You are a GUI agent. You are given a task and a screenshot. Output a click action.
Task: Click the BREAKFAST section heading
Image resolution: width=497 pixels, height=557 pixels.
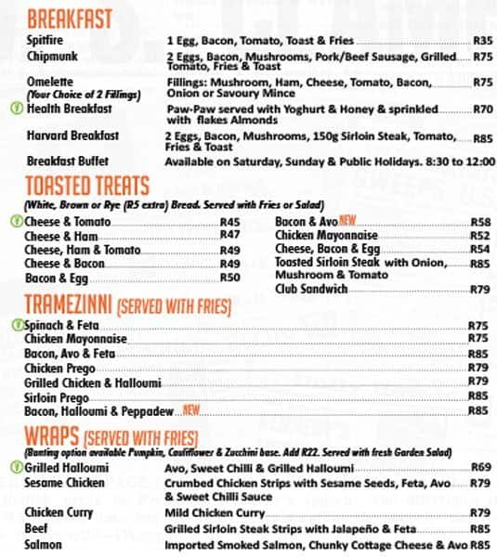click(70, 19)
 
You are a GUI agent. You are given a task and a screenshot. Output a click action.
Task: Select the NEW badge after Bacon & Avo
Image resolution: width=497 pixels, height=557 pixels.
click(348, 221)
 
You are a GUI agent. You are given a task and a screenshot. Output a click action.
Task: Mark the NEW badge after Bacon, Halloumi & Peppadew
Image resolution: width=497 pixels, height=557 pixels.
click(192, 409)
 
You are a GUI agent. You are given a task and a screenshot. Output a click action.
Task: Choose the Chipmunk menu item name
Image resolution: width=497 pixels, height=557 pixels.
click(50, 56)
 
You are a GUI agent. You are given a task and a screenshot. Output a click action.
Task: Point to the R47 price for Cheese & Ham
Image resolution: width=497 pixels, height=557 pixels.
click(229, 236)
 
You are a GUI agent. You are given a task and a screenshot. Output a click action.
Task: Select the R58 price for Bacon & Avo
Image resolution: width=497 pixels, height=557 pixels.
click(479, 222)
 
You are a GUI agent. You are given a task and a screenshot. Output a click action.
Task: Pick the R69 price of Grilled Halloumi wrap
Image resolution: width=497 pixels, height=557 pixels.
click(480, 467)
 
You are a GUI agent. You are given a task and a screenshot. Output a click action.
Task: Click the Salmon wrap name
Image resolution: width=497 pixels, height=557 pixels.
click(44, 544)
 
